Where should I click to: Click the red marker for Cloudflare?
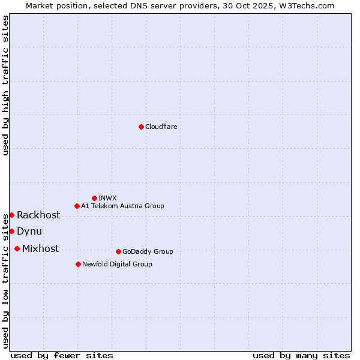tap(141, 127)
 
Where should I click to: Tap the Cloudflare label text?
tap(161, 127)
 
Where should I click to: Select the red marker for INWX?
tap(94, 198)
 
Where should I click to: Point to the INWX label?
tap(107, 198)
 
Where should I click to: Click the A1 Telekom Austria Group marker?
tap(77, 206)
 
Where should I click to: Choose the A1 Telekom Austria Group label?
tap(122, 206)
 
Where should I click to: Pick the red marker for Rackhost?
tap(11, 215)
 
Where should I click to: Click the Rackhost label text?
tap(38, 215)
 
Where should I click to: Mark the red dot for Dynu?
tap(11, 231)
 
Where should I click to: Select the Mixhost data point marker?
tap(17, 248)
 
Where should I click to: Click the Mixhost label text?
tap(40, 249)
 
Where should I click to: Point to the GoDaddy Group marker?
tap(118, 251)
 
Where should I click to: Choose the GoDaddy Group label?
tap(148, 251)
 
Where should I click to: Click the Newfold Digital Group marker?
tap(78, 264)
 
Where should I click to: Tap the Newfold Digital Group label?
tap(117, 264)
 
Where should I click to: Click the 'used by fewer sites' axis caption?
tap(62, 355)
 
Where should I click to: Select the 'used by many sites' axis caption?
tap(301, 355)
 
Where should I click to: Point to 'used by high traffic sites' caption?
tap(5, 85)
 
